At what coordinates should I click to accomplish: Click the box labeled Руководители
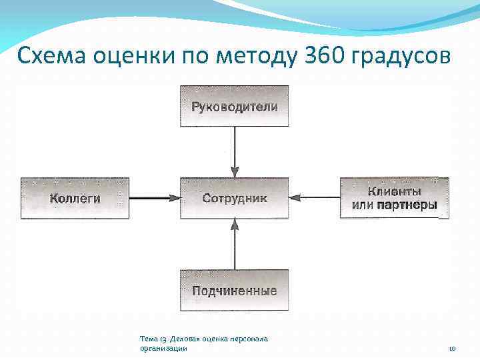click(234, 106)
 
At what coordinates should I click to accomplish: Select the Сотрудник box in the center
click(234, 198)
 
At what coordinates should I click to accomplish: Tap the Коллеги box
click(75, 198)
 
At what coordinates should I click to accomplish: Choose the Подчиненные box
click(234, 290)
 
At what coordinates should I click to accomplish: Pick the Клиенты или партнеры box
click(395, 198)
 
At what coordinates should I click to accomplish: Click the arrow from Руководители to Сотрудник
click(234, 152)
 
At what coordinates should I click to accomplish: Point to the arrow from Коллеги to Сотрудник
click(155, 197)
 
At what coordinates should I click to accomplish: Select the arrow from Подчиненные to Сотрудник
click(234, 244)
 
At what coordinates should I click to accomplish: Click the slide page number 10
click(452, 348)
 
